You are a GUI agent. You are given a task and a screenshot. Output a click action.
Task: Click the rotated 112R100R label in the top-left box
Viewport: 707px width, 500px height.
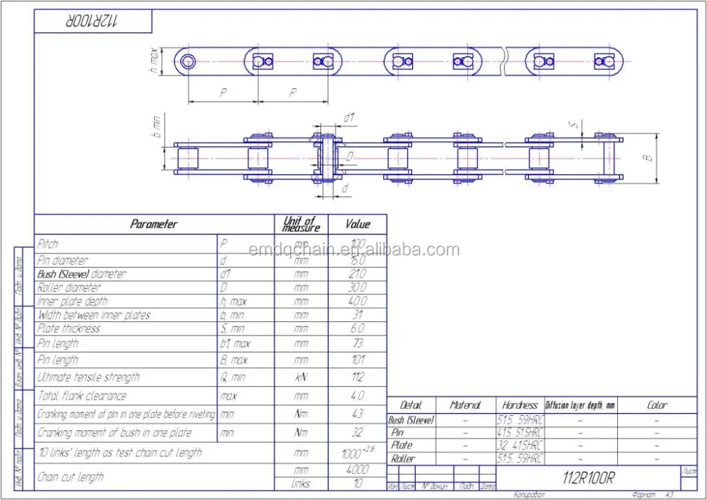point(94,20)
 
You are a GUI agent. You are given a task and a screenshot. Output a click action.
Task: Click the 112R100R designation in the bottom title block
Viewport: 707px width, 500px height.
point(588,478)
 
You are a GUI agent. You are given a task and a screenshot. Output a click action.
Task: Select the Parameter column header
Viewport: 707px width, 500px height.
point(153,224)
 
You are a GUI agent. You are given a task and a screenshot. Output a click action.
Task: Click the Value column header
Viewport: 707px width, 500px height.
point(357,224)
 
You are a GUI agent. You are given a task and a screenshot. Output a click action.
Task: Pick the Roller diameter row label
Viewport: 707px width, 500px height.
point(69,287)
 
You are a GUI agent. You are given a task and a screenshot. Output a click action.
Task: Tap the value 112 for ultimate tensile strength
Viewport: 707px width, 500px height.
point(357,378)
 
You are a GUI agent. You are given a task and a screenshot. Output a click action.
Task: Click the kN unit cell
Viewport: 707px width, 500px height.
point(301,378)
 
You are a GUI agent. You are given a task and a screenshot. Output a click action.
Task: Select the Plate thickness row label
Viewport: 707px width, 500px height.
point(69,328)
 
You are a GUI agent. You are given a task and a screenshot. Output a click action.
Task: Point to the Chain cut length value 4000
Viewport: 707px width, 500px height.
point(357,470)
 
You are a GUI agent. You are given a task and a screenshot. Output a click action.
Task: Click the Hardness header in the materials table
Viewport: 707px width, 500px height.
point(520,405)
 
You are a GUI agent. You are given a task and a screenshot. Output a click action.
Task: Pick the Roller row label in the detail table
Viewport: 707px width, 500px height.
point(403,458)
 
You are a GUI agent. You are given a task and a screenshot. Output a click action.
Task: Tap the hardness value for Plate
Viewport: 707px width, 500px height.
point(520,446)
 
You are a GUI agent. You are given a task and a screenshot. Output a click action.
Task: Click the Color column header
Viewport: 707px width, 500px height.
point(657,405)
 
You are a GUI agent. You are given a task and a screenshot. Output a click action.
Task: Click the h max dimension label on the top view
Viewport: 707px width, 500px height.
point(153,61)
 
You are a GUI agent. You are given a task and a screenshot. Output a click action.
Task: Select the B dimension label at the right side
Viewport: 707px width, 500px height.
point(647,157)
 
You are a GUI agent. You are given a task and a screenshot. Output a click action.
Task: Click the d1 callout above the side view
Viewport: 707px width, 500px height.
point(348,117)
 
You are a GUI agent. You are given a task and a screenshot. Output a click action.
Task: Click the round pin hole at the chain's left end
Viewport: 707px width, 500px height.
point(187,61)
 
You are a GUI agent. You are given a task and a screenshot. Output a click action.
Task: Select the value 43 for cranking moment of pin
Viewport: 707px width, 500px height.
point(357,414)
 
